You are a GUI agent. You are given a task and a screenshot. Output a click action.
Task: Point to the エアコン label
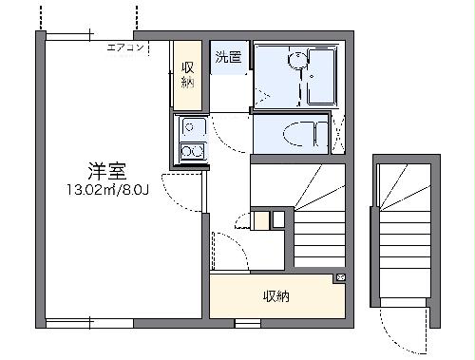124,47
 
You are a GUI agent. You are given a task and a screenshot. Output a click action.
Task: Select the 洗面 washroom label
227,57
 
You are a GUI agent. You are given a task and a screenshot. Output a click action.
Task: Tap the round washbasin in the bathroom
298,62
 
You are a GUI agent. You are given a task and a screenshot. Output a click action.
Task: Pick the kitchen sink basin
191,127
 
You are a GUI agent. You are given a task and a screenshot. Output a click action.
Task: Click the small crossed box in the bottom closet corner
341,277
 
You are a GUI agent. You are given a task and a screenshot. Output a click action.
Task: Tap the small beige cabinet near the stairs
259,220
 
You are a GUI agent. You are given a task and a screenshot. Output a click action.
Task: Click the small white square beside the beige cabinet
277,220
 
